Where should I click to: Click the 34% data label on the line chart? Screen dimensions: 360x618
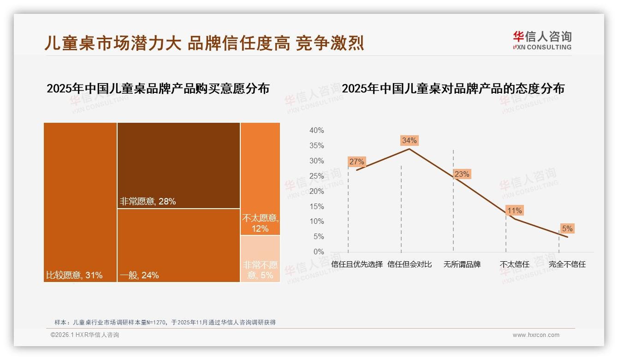tap(409, 140)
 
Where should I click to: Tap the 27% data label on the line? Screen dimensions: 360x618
tap(357, 162)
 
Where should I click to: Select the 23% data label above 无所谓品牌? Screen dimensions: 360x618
tap(462, 174)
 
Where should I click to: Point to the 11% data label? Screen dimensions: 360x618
tap(514, 210)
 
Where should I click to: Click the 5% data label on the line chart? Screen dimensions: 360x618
tap(567, 228)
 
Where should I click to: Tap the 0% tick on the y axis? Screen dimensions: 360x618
tap(318, 252)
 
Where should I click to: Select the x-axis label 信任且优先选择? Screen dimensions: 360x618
tap(357, 264)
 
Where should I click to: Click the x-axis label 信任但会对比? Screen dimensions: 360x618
tap(410, 264)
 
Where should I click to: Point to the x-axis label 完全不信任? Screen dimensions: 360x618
tap(567, 264)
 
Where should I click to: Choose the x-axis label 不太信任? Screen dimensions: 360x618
tap(514, 264)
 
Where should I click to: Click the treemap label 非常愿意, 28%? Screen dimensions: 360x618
tap(148, 201)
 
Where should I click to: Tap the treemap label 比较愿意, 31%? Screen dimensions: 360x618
tap(74, 276)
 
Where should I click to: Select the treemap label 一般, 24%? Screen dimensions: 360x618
tap(139, 276)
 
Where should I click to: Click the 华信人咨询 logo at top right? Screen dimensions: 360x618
tap(542, 41)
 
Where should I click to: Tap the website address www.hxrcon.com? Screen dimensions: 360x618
tap(536, 335)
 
